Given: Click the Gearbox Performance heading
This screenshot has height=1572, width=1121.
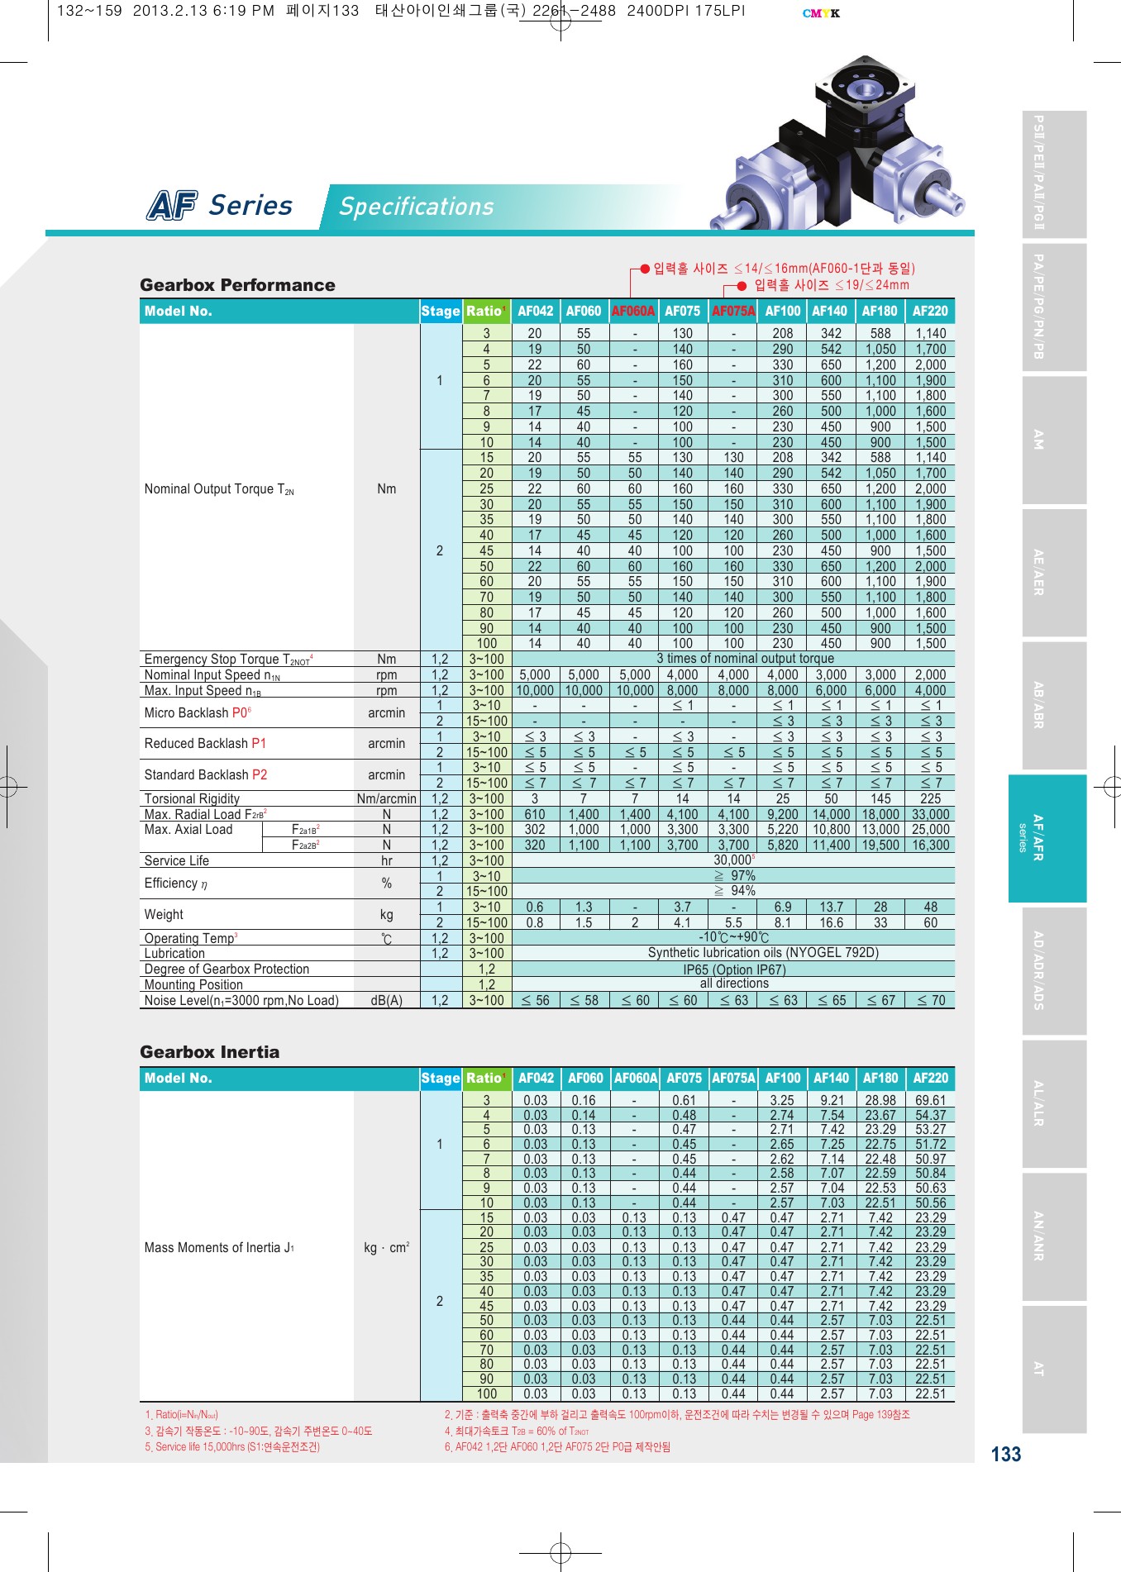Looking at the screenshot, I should coord(237,285).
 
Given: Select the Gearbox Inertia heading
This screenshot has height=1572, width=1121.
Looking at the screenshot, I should coord(209,1052).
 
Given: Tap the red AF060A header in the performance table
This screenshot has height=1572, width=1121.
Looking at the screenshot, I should coord(633,311).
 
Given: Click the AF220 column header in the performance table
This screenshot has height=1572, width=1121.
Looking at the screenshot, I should coord(930,311).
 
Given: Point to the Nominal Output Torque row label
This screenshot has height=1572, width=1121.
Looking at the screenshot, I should coord(219,489).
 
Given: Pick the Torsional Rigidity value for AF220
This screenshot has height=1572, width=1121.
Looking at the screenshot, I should coord(930,798).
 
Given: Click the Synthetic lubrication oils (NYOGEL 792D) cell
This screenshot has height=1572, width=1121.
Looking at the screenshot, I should coord(763,953).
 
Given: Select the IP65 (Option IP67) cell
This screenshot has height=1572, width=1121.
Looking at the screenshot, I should coord(734,969).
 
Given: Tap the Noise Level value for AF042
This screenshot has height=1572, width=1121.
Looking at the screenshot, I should coord(535,1000).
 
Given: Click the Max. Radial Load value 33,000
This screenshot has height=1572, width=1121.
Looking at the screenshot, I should coord(930,814).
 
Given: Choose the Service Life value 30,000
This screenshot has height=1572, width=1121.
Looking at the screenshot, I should coord(733,860).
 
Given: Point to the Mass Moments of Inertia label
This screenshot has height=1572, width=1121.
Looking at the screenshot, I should coord(219,1247).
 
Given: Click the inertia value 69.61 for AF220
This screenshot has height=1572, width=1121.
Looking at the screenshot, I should coord(930,1100).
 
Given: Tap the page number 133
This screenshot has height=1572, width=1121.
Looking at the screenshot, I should coord(1005,1455).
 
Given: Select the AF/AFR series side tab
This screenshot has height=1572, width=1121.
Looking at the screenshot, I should coord(1047,837).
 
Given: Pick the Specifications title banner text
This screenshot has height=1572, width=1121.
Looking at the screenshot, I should coord(416,207).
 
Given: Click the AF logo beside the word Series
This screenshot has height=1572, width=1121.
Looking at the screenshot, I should coord(172,205).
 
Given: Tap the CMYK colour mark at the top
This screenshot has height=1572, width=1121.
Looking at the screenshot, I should coord(821,13).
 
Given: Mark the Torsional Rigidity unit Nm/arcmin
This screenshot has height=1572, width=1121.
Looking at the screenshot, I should coord(386,798).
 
